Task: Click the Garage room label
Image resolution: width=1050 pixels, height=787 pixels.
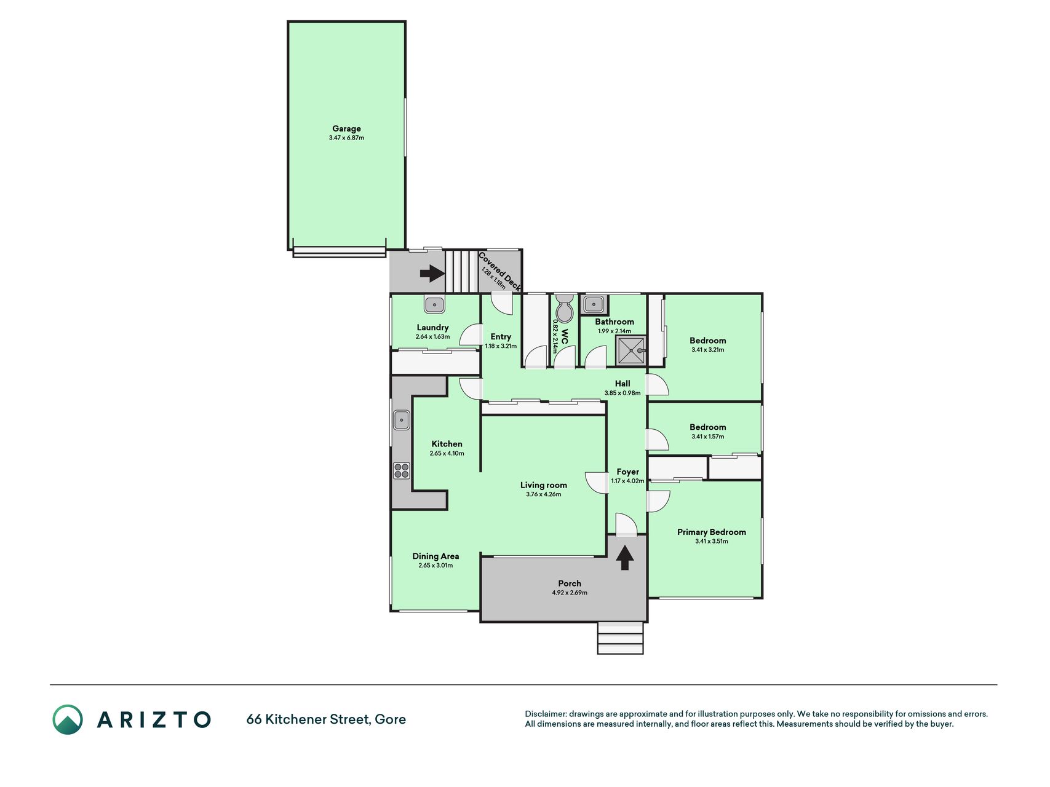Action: (346, 129)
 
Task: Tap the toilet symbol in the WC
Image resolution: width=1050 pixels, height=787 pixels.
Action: (564, 308)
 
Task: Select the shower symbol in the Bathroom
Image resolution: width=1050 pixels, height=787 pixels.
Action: (631, 350)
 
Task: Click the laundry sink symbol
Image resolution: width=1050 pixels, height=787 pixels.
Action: (434, 304)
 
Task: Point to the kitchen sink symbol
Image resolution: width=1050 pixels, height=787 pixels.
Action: (402, 419)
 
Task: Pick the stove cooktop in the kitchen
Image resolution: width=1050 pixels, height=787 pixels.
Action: (402, 471)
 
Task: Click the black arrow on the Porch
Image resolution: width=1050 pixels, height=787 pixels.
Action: (625, 558)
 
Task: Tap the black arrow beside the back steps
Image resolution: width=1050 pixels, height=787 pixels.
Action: (432, 273)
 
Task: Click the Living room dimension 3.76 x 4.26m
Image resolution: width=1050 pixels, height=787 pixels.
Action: (544, 494)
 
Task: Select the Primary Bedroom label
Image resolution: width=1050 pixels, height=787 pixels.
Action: (712, 532)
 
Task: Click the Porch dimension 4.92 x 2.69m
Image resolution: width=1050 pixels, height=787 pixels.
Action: (570, 593)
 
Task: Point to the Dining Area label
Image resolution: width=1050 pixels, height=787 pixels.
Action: (436, 556)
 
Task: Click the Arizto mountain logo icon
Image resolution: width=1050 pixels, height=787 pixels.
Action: (68, 719)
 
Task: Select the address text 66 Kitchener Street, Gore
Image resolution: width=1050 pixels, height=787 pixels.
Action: (326, 719)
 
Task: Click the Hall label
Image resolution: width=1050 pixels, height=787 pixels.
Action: (622, 383)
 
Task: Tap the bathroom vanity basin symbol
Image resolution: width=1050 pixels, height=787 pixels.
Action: (594, 304)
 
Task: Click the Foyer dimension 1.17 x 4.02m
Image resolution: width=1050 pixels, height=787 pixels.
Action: (627, 481)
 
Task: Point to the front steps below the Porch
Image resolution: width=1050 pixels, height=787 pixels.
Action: (620, 638)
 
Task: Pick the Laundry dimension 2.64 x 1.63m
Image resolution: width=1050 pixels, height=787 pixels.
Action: (432, 337)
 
